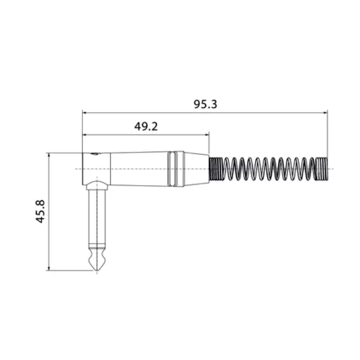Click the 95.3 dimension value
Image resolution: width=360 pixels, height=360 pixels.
205,104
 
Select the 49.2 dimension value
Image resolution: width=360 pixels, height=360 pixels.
146,126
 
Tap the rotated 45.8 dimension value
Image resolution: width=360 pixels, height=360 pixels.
40,213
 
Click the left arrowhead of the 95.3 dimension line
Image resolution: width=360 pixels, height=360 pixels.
86,112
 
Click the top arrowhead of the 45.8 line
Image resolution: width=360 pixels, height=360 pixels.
48,156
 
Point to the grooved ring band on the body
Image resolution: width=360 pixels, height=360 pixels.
173,168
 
